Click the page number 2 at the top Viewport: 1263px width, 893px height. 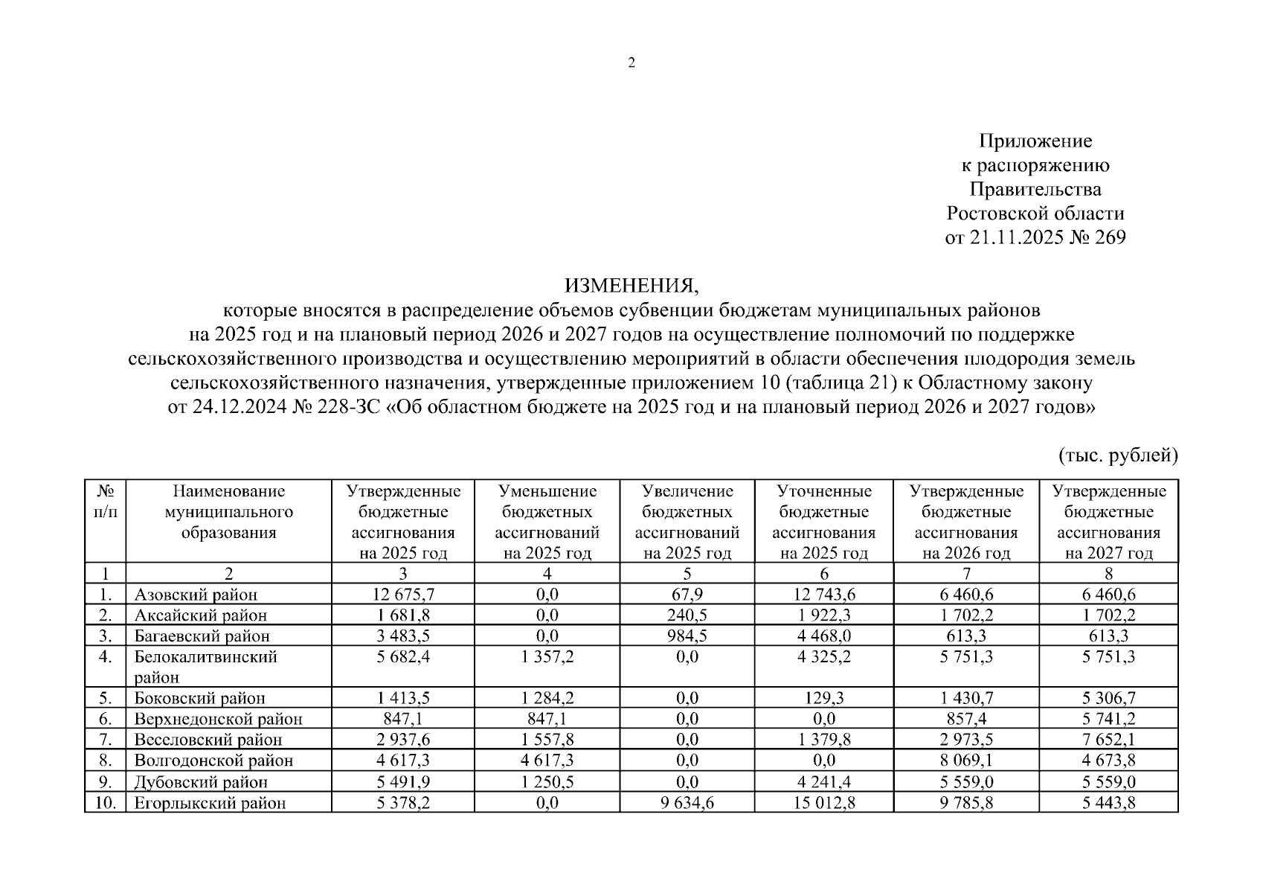pos(631,63)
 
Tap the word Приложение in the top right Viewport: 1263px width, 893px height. pos(1035,141)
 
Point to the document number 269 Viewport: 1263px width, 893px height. pos(1107,237)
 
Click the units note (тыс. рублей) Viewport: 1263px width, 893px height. pos(1118,455)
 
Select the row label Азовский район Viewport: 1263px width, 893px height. pos(196,595)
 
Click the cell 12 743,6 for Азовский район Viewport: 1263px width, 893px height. pos(823,595)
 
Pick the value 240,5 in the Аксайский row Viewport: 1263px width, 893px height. pos(687,615)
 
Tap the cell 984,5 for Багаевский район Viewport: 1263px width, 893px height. pos(687,636)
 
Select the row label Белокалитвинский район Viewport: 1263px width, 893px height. pos(205,667)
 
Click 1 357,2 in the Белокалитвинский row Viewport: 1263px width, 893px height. pos(547,657)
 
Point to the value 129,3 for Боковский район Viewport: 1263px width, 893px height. pos(823,699)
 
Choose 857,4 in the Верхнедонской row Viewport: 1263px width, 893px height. pos(966,720)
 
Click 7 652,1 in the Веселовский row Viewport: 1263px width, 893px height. pos(1108,740)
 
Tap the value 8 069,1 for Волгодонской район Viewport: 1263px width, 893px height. pos(966,761)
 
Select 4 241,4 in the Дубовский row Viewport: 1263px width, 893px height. pos(823,782)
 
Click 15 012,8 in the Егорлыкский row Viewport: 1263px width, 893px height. pos(823,803)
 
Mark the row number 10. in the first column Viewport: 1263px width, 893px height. pos(106,803)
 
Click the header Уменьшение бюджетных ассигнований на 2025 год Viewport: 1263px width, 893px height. pos(547,522)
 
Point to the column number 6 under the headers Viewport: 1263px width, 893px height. pos(823,574)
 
